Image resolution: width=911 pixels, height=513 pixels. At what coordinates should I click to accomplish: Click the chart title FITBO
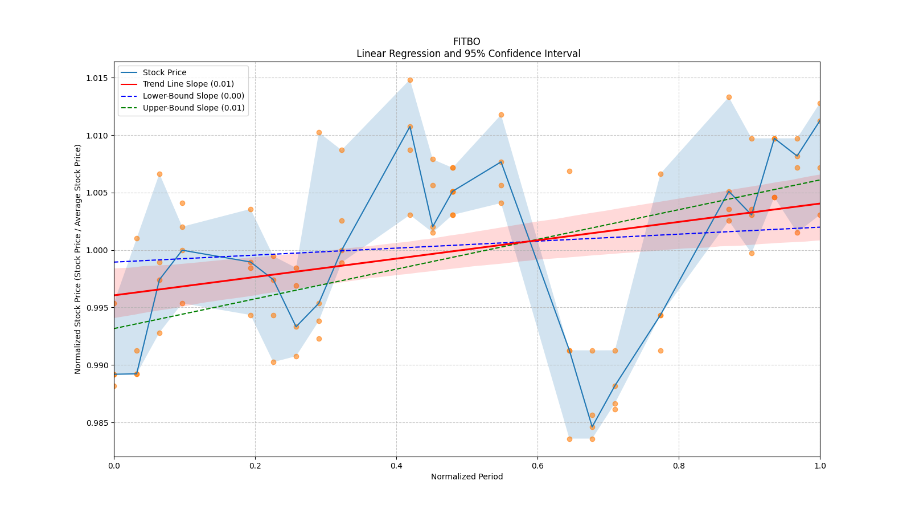pos(466,42)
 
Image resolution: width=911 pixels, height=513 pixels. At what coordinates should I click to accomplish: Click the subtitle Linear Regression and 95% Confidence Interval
pos(468,54)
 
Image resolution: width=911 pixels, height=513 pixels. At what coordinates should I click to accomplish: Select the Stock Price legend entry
pos(165,72)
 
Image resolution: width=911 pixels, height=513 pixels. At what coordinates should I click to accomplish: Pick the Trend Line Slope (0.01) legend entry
pos(188,84)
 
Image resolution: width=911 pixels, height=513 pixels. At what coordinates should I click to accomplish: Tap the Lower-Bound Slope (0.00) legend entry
pos(193,96)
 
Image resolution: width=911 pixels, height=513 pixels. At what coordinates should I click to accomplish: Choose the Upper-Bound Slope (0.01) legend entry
pos(194,108)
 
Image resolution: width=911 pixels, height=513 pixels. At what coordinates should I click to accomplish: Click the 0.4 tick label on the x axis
pos(396,466)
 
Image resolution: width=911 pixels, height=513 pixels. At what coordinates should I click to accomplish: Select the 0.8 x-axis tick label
pos(679,466)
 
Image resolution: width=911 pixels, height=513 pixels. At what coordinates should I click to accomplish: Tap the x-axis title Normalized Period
pos(467,477)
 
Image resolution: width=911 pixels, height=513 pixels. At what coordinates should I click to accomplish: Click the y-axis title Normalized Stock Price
pos(78,259)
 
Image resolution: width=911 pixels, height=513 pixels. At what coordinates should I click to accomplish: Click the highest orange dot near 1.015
pos(410,80)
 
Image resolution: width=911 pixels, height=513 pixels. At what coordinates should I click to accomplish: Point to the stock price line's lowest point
pos(592,427)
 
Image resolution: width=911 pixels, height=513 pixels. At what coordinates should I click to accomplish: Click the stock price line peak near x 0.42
pos(410,127)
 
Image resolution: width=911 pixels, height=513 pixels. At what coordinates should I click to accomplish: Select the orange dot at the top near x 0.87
pos(729,97)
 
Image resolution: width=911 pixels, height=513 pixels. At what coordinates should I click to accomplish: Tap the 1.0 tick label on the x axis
pos(820,466)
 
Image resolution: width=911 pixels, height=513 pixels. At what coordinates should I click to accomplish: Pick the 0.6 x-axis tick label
pos(537,466)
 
